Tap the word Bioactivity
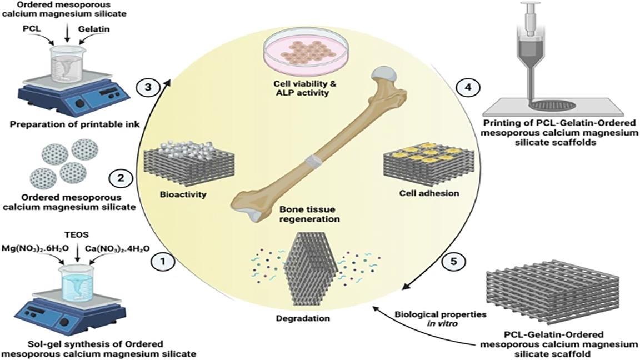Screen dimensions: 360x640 click(173, 195)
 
